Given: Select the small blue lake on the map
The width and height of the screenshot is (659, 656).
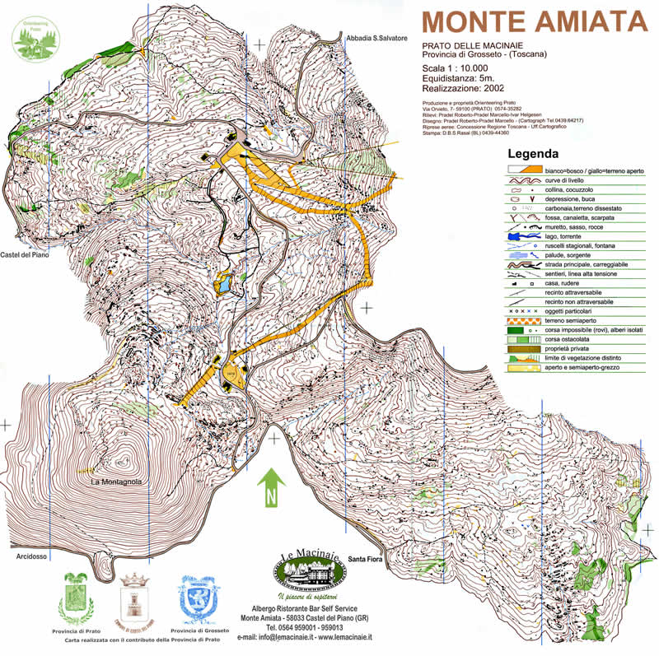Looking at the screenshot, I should pyautogui.click(x=222, y=286).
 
